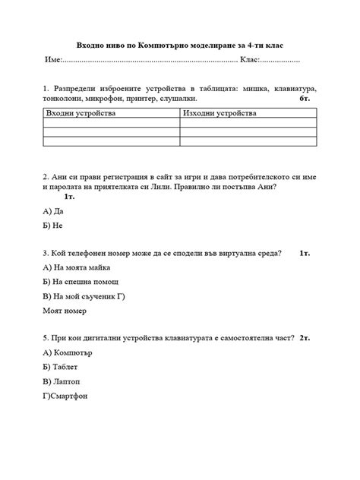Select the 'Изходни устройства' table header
(219, 113)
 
